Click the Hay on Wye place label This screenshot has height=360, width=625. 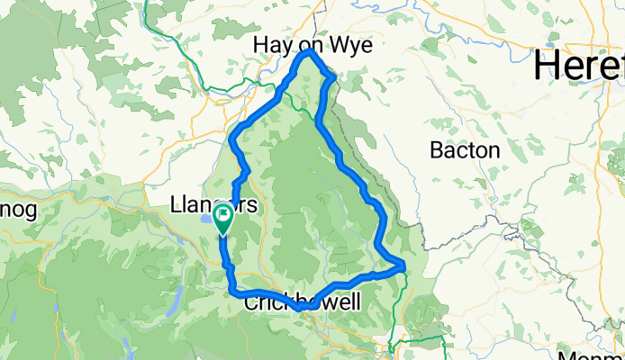312,45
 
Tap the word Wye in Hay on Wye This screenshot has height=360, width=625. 353,45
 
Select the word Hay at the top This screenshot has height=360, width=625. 272,45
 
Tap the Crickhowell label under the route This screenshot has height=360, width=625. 302,303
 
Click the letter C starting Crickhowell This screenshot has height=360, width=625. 250,303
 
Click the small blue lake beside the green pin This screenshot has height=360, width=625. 208,218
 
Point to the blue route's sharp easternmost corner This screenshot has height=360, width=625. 402,265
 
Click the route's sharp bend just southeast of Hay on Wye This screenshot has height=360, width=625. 334,77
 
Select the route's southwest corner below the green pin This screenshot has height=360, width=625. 231,290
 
